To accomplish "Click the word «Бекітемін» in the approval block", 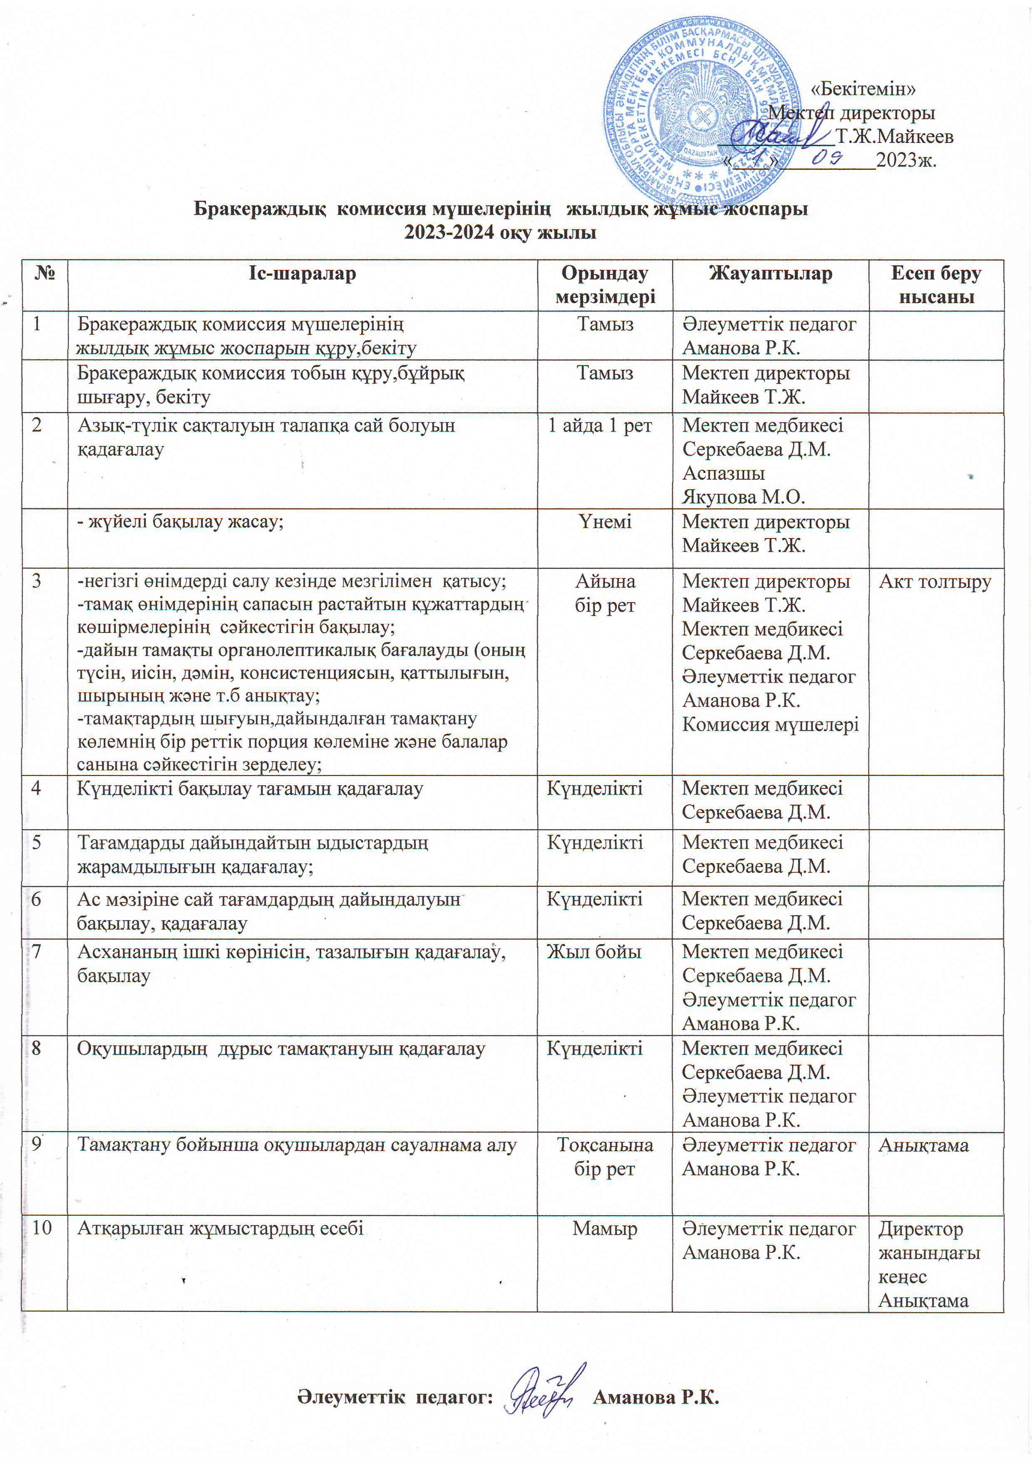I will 865,89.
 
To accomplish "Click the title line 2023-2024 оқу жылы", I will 501,232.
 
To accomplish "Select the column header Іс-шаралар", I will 302,274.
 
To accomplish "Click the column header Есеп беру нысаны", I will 936,285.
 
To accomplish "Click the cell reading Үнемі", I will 605,522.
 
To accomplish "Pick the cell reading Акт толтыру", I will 935,581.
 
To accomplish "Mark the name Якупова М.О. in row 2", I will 743,496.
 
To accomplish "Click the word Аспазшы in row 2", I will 724,473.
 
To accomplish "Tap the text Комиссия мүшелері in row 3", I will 770,724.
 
